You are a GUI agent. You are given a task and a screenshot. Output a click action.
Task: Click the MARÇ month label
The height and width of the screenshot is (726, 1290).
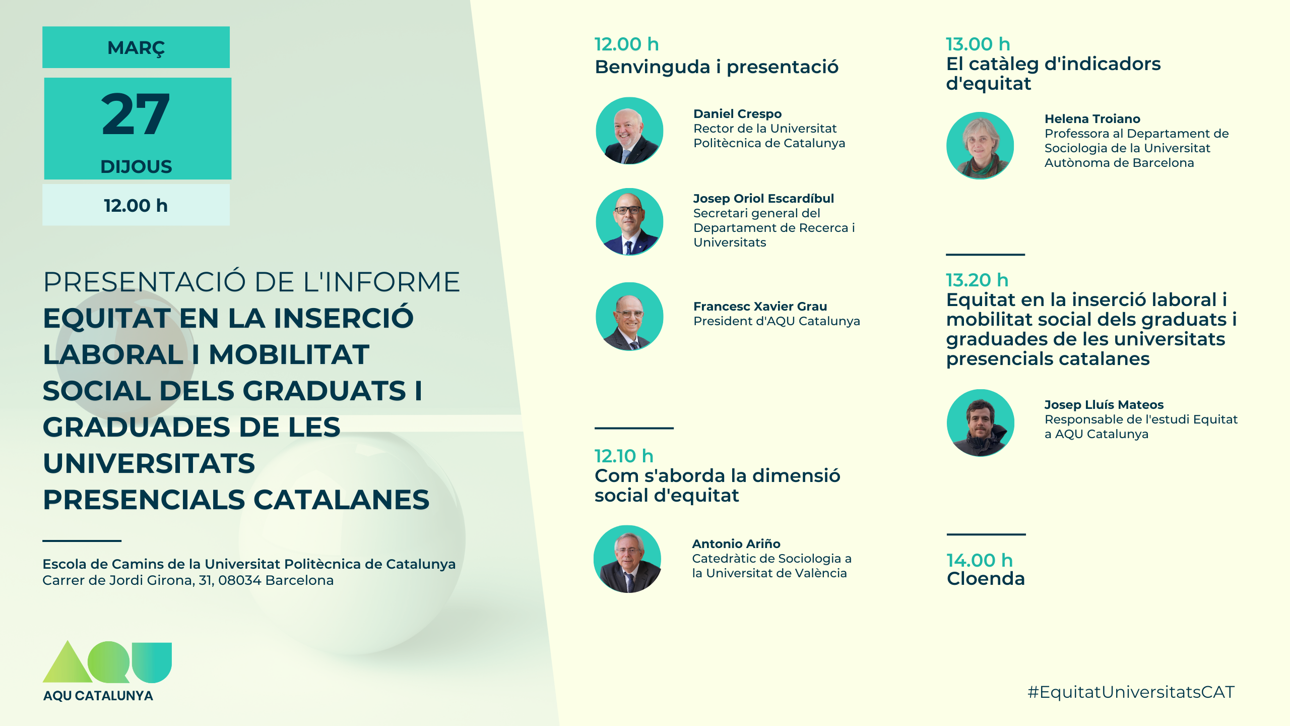[x=136, y=48]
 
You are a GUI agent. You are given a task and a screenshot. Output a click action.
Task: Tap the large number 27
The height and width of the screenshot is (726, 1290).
[x=136, y=115]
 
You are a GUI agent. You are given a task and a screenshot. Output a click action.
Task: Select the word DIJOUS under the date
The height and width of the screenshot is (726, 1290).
[x=136, y=166]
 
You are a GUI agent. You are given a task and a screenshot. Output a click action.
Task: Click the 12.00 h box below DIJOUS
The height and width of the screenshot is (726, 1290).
[x=136, y=205]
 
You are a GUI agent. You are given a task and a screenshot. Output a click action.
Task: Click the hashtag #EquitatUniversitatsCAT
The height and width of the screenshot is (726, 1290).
[x=1131, y=692]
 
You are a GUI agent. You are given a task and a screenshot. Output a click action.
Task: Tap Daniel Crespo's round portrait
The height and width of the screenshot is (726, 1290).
[x=629, y=131]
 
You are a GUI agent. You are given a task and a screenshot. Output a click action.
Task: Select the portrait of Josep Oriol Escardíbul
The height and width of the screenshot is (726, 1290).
[x=629, y=222]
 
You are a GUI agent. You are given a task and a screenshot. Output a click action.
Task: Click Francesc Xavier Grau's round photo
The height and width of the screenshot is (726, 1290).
[x=629, y=316]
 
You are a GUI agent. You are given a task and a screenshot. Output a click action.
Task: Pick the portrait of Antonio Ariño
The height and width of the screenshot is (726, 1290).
[x=627, y=559]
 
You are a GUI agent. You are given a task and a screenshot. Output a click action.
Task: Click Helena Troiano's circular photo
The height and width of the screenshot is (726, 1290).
[x=980, y=146]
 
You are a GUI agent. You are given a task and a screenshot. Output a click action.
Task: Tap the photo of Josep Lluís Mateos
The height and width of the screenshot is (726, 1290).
[x=981, y=423]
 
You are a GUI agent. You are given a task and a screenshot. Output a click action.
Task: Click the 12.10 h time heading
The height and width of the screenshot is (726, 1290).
[x=624, y=456]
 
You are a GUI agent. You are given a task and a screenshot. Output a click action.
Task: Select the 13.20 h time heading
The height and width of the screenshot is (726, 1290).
[x=977, y=280]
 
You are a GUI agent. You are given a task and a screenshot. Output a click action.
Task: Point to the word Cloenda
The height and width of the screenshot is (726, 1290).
[x=986, y=579]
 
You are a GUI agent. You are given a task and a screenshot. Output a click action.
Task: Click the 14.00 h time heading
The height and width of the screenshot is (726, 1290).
[x=980, y=560]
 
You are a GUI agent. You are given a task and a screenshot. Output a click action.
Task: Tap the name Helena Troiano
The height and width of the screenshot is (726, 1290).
[x=1092, y=119]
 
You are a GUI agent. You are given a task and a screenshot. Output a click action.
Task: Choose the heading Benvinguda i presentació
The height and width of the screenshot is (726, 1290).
[x=717, y=67]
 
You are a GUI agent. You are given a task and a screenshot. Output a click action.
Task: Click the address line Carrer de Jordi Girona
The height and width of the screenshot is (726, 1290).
[x=188, y=580]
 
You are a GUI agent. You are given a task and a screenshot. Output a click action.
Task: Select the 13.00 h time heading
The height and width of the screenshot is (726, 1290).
[x=978, y=44]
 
